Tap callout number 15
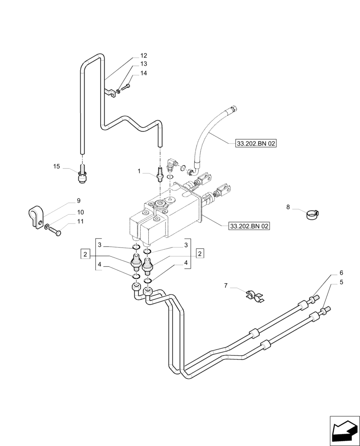point(57,166)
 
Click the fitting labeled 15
point(82,175)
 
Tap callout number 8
point(288,207)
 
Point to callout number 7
point(226,285)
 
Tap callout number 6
point(341,273)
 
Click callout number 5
point(341,282)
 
